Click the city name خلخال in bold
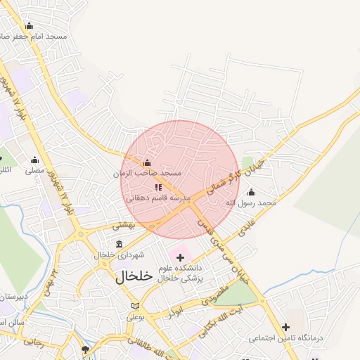134,276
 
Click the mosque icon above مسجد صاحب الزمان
147,163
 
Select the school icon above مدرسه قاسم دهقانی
158,188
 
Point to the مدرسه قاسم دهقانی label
158,198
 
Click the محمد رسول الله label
251,202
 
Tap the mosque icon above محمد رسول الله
252,192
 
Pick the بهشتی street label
123,225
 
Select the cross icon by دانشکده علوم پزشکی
181,257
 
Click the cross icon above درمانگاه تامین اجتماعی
285,327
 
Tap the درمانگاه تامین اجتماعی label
285,338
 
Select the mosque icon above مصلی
34,160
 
